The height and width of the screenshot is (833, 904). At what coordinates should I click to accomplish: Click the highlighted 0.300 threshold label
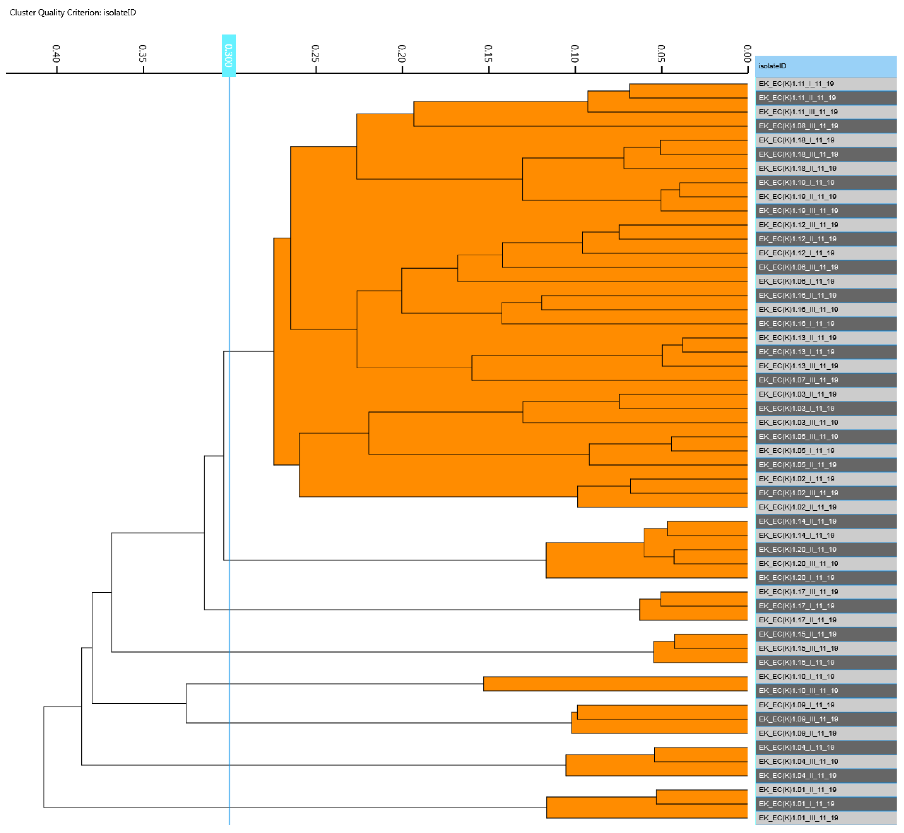229,55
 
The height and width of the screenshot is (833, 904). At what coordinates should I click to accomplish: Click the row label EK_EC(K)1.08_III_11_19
798,126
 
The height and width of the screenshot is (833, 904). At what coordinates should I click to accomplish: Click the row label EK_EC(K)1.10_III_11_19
798,691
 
